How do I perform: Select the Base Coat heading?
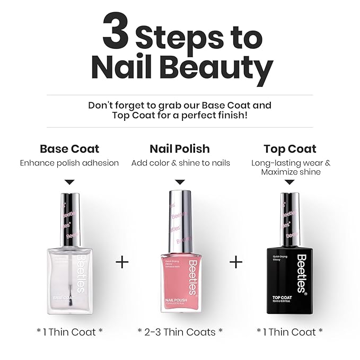pos(69,148)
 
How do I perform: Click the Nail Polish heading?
pos(180,148)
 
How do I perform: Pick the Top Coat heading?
pos(290,148)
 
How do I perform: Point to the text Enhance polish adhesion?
pos(69,163)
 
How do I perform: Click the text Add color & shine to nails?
pos(180,163)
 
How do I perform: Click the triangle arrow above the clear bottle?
pos(69,182)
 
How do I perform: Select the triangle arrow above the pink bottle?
pos(180,182)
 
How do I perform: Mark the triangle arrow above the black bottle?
pos(290,182)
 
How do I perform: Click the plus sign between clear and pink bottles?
pos(122,262)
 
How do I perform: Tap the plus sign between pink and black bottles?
pos(236,262)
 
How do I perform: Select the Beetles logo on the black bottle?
pos(301,273)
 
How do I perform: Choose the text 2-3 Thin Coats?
pos(180,332)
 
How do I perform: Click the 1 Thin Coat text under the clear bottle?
pos(69,332)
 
